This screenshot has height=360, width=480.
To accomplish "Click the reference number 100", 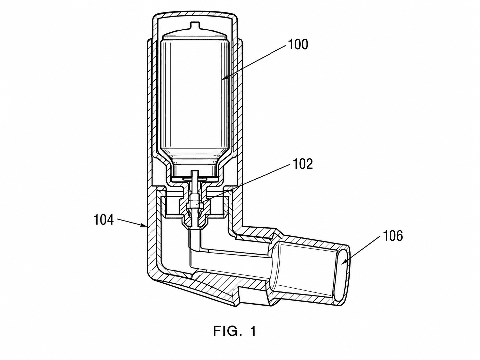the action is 298,45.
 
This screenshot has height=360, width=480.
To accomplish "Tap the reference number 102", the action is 303,164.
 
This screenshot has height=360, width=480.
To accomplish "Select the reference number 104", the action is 104,220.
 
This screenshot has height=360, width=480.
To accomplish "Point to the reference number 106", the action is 392,236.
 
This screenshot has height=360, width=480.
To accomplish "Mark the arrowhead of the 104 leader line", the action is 144,226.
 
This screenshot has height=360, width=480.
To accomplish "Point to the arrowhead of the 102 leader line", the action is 198,203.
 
